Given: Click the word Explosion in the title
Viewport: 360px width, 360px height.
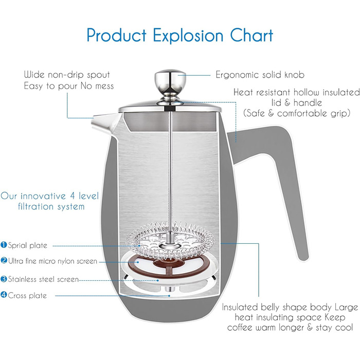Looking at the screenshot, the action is pos(188,36).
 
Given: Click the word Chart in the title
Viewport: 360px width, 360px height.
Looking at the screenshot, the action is pos(251,35).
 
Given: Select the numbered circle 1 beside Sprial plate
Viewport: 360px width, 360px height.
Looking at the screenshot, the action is pos(4,245).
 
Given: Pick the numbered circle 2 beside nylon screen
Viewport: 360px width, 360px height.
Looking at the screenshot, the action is pos(4,261).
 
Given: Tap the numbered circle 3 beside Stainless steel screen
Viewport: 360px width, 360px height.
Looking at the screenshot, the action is pos(4,279).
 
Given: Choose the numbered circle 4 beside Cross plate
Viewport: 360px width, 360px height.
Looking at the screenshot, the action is pos(4,295).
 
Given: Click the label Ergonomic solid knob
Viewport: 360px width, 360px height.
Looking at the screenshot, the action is pos(260,75).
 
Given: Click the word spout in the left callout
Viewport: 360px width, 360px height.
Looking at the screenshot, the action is pos(98,75).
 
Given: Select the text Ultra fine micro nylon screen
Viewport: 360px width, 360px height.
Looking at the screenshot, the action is pos(53,261).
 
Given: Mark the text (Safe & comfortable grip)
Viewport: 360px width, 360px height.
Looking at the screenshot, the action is pos(297,114).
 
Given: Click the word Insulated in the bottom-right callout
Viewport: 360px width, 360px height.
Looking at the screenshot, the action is pos(240,307).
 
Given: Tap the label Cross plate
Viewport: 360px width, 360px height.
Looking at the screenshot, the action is pos(27,295).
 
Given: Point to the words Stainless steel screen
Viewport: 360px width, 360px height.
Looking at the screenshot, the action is pos(43,279).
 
